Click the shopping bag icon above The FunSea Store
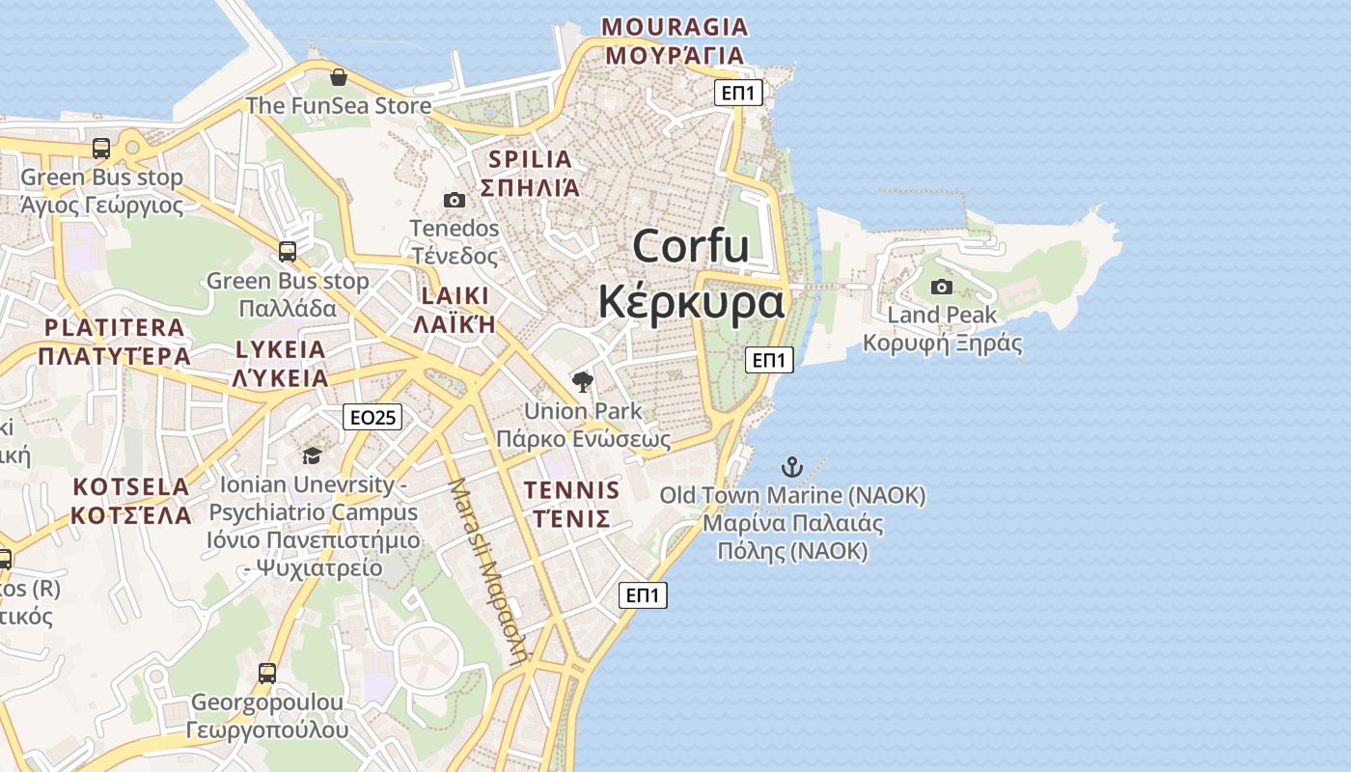click(x=338, y=77)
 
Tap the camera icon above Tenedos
click(x=455, y=200)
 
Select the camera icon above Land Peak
click(x=942, y=287)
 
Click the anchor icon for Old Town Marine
click(x=791, y=468)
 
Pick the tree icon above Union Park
click(x=582, y=383)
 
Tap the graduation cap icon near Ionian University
click(x=312, y=455)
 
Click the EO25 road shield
click(x=372, y=417)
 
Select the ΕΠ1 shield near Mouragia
click(x=739, y=93)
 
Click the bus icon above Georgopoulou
click(x=267, y=673)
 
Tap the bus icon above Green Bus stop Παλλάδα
click(x=288, y=252)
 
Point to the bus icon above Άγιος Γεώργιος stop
click(x=101, y=149)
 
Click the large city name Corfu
click(x=691, y=246)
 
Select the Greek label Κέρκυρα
click(x=691, y=302)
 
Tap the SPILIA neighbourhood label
click(x=530, y=159)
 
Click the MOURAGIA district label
click(x=675, y=27)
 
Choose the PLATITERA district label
click(x=114, y=327)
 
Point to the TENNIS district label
click(x=572, y=490)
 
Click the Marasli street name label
click(x=490, y=569)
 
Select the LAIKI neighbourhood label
click(x=455, y=295)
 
